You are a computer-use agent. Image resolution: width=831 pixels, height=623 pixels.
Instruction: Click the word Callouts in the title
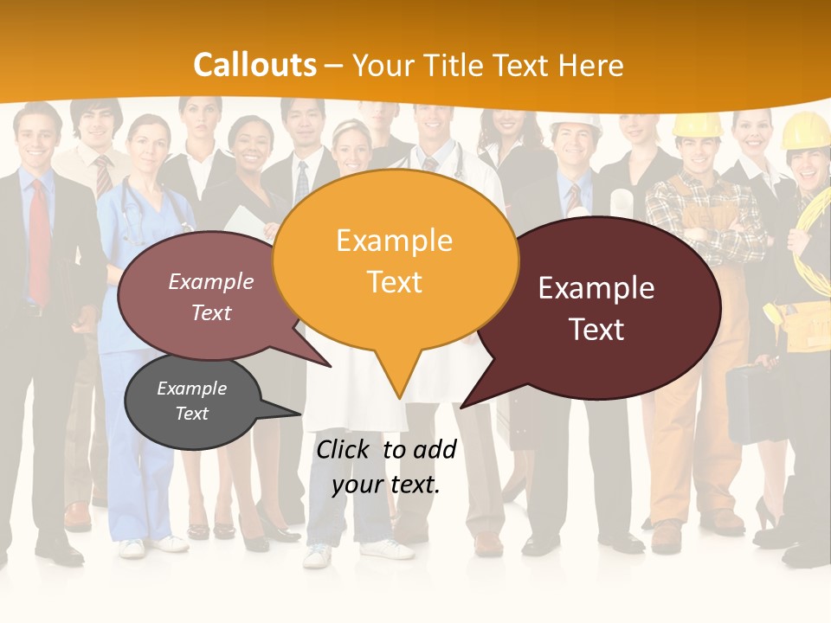click(x=255, y=65)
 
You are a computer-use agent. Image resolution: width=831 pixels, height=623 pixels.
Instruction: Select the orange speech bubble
click(x=395, y=260)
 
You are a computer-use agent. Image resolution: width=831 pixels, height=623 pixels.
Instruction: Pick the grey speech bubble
click(x=192, y=402)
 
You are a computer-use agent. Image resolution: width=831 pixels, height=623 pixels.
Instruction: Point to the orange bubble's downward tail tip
click(x=399, y=397)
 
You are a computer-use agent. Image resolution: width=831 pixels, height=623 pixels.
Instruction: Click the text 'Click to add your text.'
click(x=385, y=466)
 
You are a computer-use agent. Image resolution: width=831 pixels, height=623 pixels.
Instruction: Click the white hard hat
click(x=576, y=123)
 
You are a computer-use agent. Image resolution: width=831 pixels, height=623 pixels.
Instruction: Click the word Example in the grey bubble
click(x=191, y=389)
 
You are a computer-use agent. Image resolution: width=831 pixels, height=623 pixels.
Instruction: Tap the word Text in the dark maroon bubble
click(x=597, y=330)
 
